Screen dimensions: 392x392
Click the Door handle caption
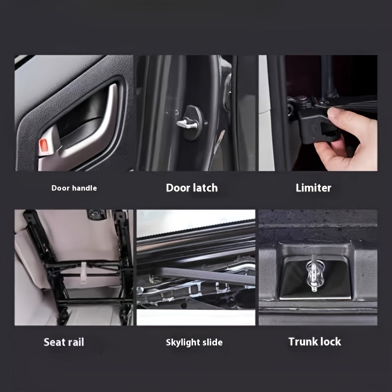coord(74,188)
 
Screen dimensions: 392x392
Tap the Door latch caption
coord(192,188)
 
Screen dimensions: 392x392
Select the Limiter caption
coord(314,188)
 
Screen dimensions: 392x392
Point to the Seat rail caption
coord(64,342)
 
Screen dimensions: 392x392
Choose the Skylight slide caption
coord(194,342)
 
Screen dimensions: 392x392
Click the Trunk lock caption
coord(315,342)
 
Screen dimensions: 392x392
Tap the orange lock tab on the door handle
coord(44,146)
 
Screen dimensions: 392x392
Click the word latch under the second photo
coord(204,188)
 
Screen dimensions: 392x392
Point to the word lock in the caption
coord(330,342)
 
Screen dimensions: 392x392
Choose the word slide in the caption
coord(213,342)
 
